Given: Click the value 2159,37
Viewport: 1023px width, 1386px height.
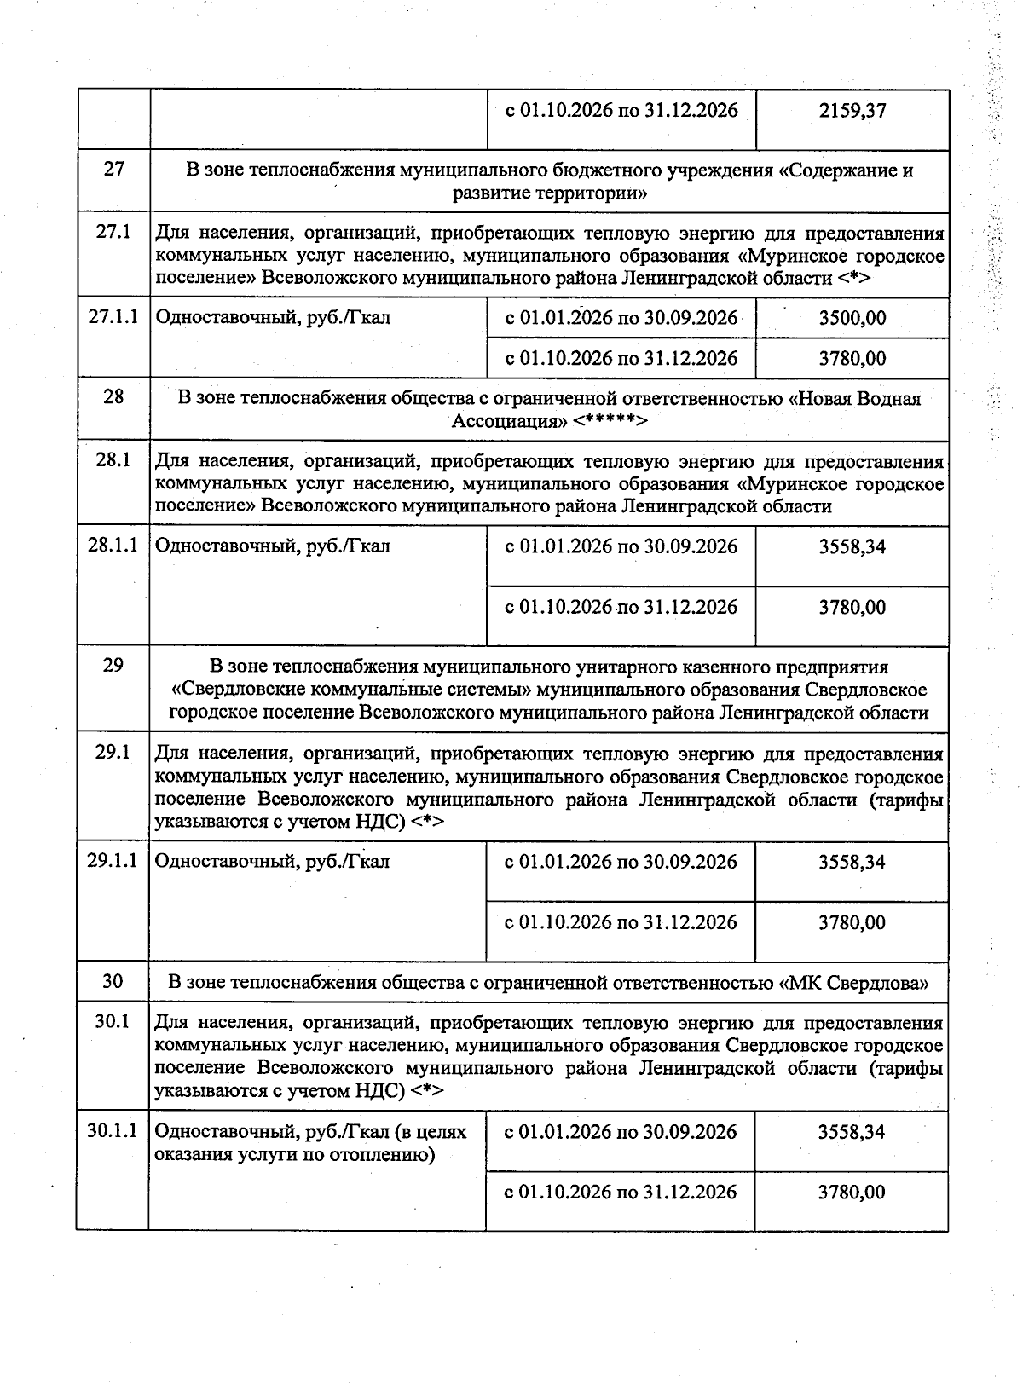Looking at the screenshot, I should pyautogui.click(x=852, y=112).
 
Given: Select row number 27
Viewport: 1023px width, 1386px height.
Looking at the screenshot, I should pyautogui.click(x=113, y=169).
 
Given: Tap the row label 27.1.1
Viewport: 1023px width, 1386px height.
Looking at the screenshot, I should pyautogui.click(x=113, y=318).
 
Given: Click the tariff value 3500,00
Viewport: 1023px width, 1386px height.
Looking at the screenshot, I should pyautogui.click(x=852, y=319).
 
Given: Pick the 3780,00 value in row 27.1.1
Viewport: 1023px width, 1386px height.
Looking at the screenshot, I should pyautogui.click(x=852, y=358).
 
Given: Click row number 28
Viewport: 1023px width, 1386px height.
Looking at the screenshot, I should pyautogui.click(x=113, y=396).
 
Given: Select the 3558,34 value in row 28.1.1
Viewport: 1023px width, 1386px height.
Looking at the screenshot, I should pyautogui.click(x=852, y=546).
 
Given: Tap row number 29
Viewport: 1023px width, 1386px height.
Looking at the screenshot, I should pyautogui.click(x=113, y=665).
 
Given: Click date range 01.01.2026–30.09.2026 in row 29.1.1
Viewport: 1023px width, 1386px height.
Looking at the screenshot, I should pyautogui.click(x=621, y=862).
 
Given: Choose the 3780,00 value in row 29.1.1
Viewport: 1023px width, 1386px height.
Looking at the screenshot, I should pyautogui.click(x=852, y=922).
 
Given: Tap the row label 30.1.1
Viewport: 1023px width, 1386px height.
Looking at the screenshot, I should pyautogui.click(x=113, y=1131).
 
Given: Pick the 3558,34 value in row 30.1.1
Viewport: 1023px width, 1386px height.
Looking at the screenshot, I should pyautogui.click(x=852, y=1132).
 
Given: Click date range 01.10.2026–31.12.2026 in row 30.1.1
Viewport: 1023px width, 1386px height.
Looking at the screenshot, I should pyautogui.click(x=621, y=1192).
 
